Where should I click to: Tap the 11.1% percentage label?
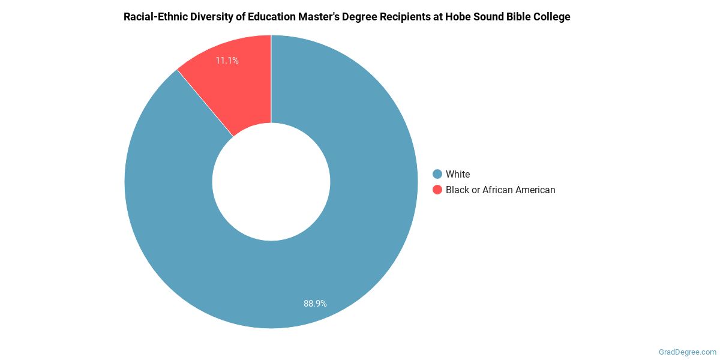point(227,61)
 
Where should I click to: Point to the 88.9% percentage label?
point(315,304)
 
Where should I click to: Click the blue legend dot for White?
point(437,174)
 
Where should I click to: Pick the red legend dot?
point(437,190)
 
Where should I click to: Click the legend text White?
point(458,174)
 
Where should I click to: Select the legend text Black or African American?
point(500,190)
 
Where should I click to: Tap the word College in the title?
point(553,17)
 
